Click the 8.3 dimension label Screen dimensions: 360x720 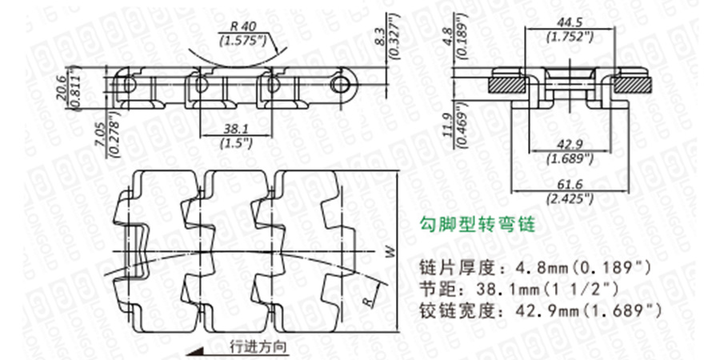point(379,36)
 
